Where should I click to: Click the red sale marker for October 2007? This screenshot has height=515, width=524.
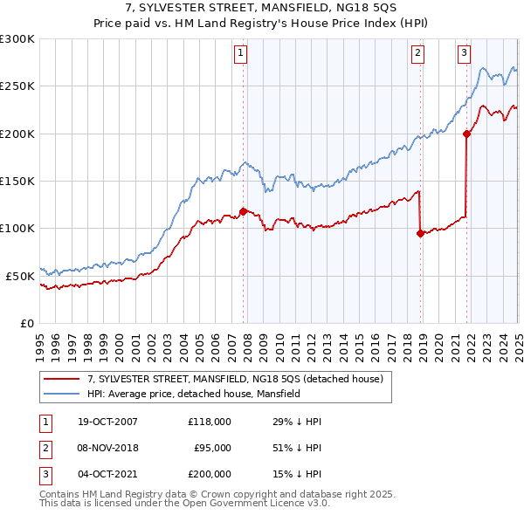tap(243, 210)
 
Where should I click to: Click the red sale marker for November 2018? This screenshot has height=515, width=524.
tap(420, 233)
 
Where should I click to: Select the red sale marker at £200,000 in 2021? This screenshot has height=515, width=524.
tap(466, 134)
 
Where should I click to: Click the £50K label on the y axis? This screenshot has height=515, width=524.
tap(20, 276)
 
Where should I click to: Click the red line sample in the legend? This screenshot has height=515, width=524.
tap(62, 379)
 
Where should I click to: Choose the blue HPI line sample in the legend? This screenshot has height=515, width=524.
tap(62, 394)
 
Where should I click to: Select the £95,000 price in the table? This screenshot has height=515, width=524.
tap(211, 448)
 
